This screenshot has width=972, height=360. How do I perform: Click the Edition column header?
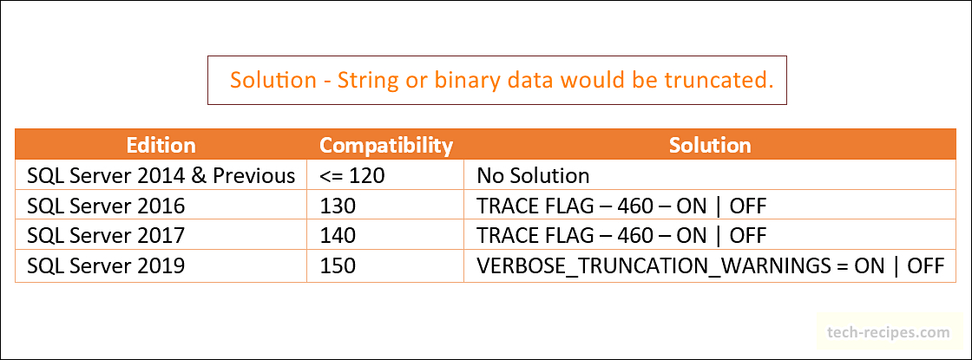click(161, 145)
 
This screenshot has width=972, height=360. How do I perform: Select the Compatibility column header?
click(386, 146)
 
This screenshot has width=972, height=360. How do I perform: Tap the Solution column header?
click(710, 145)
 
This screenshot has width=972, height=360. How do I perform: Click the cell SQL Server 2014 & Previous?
click(161, 176)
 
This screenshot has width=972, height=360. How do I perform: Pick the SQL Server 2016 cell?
click(106, 206)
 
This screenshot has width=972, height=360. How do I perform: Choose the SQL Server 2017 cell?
click(106, 235)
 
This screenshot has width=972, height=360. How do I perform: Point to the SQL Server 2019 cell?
click(106, 265)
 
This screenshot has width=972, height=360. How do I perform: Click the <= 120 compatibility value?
click(352, 176)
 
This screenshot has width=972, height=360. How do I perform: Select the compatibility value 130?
click(338, 206)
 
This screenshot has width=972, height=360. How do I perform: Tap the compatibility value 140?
click(338, 235)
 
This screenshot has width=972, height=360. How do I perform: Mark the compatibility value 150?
click(338, 265)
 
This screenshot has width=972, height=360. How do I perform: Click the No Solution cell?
click(533, 176)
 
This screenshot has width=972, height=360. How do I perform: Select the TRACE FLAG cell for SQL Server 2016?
click(621, 206)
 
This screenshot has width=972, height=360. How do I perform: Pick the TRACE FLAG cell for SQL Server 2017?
click(621, 235)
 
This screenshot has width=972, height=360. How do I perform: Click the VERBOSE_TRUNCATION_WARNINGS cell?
click(711, 265)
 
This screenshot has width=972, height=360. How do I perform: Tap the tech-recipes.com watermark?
click(889, 333)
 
